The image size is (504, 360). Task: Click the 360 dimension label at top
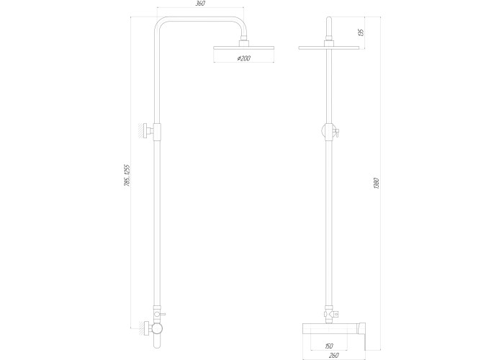(200, 4)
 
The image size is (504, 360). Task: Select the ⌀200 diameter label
(243, 58)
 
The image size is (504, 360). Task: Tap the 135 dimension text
(361, 32)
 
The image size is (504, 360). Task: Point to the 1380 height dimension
(377, 183)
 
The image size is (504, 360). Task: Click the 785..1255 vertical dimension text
(127, 176)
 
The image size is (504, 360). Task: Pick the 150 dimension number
(329, 346)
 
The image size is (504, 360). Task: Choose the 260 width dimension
(334, 355)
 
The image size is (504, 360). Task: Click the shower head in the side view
(243, 48)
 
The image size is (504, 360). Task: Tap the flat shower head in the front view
(329, 48)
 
